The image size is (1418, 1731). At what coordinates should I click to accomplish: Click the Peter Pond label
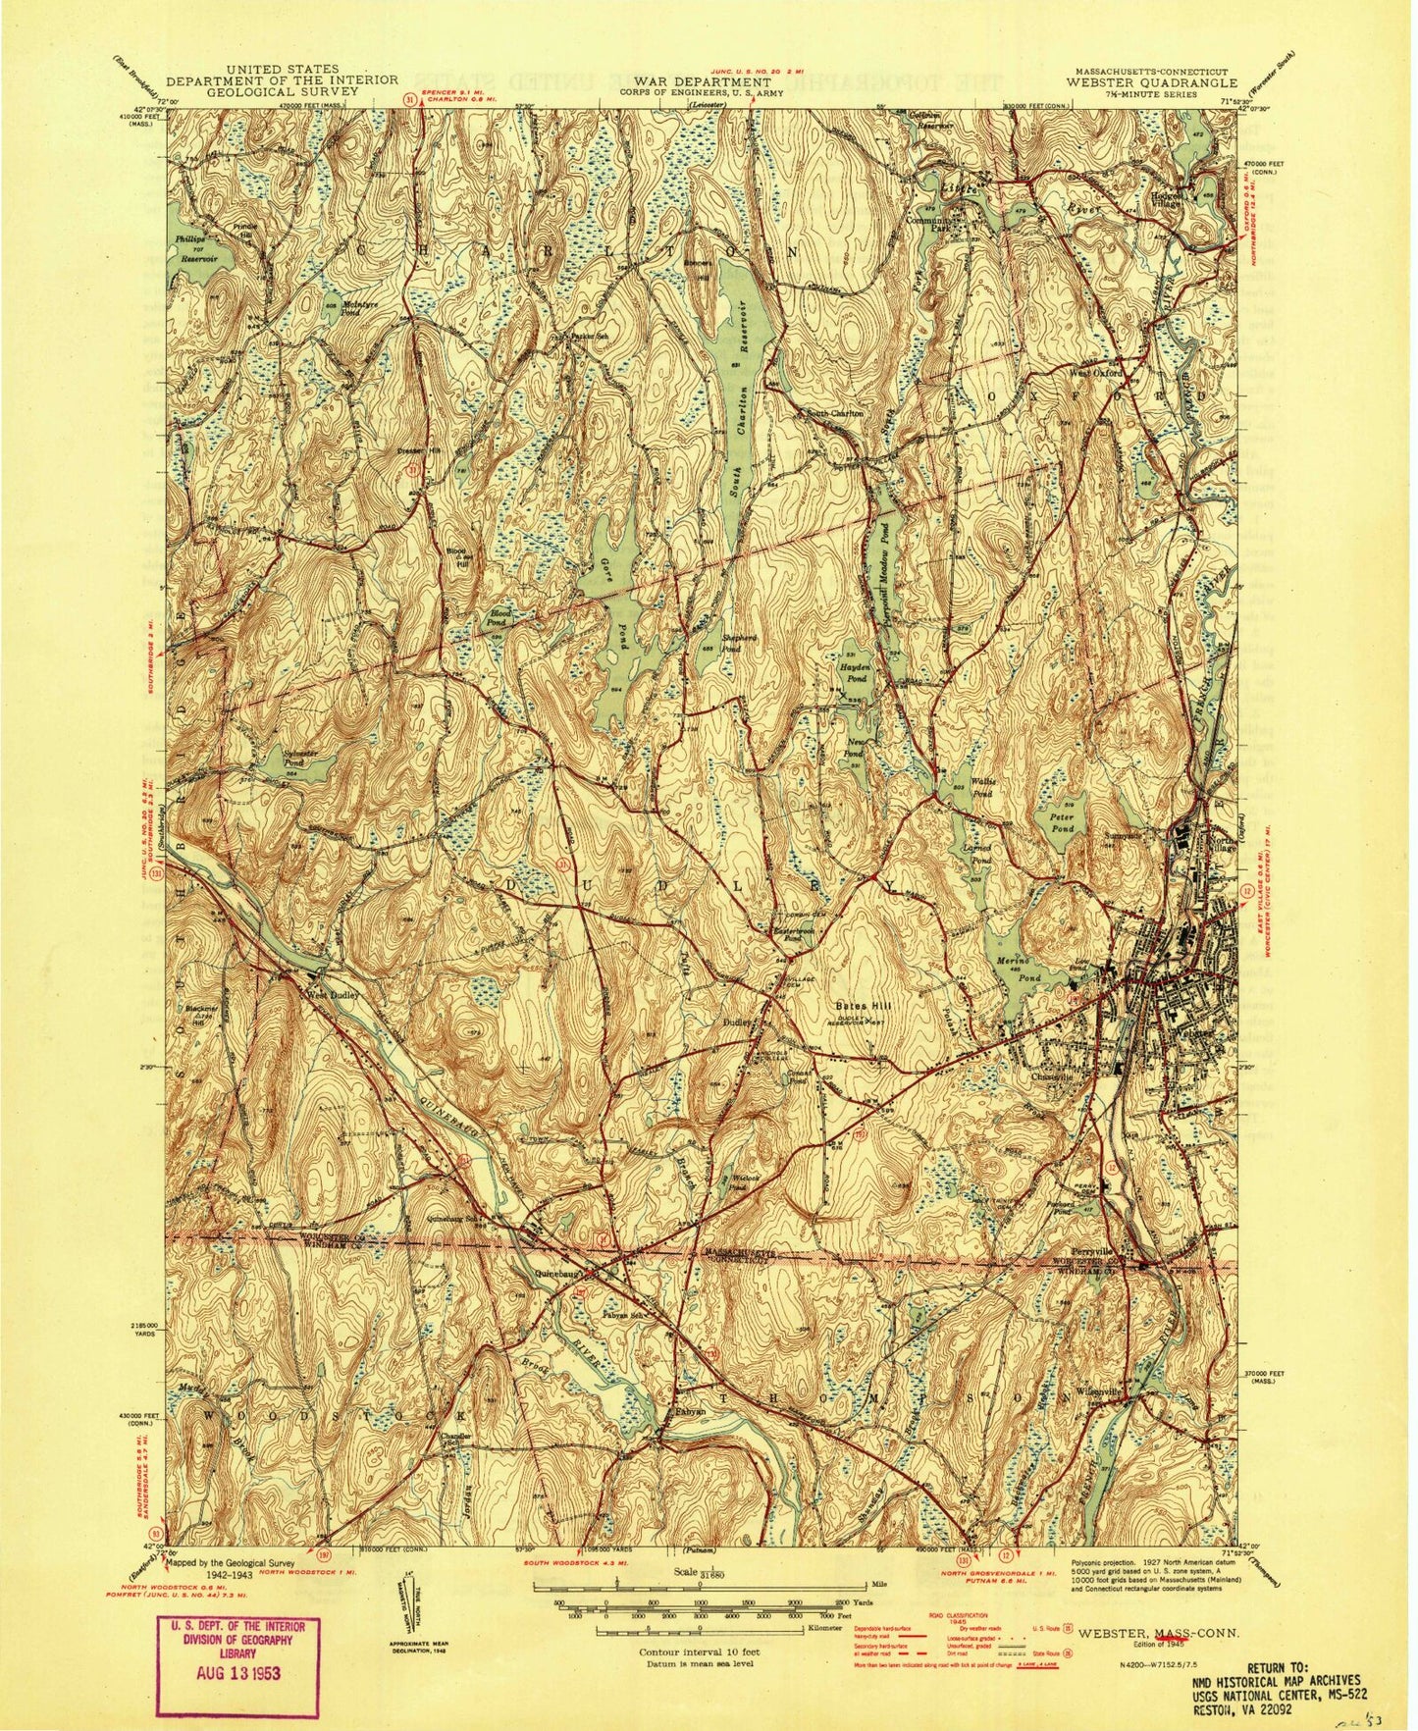1060,822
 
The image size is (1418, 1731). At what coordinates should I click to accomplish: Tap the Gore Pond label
615,599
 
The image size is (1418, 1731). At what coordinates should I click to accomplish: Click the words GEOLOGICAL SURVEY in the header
282,90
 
